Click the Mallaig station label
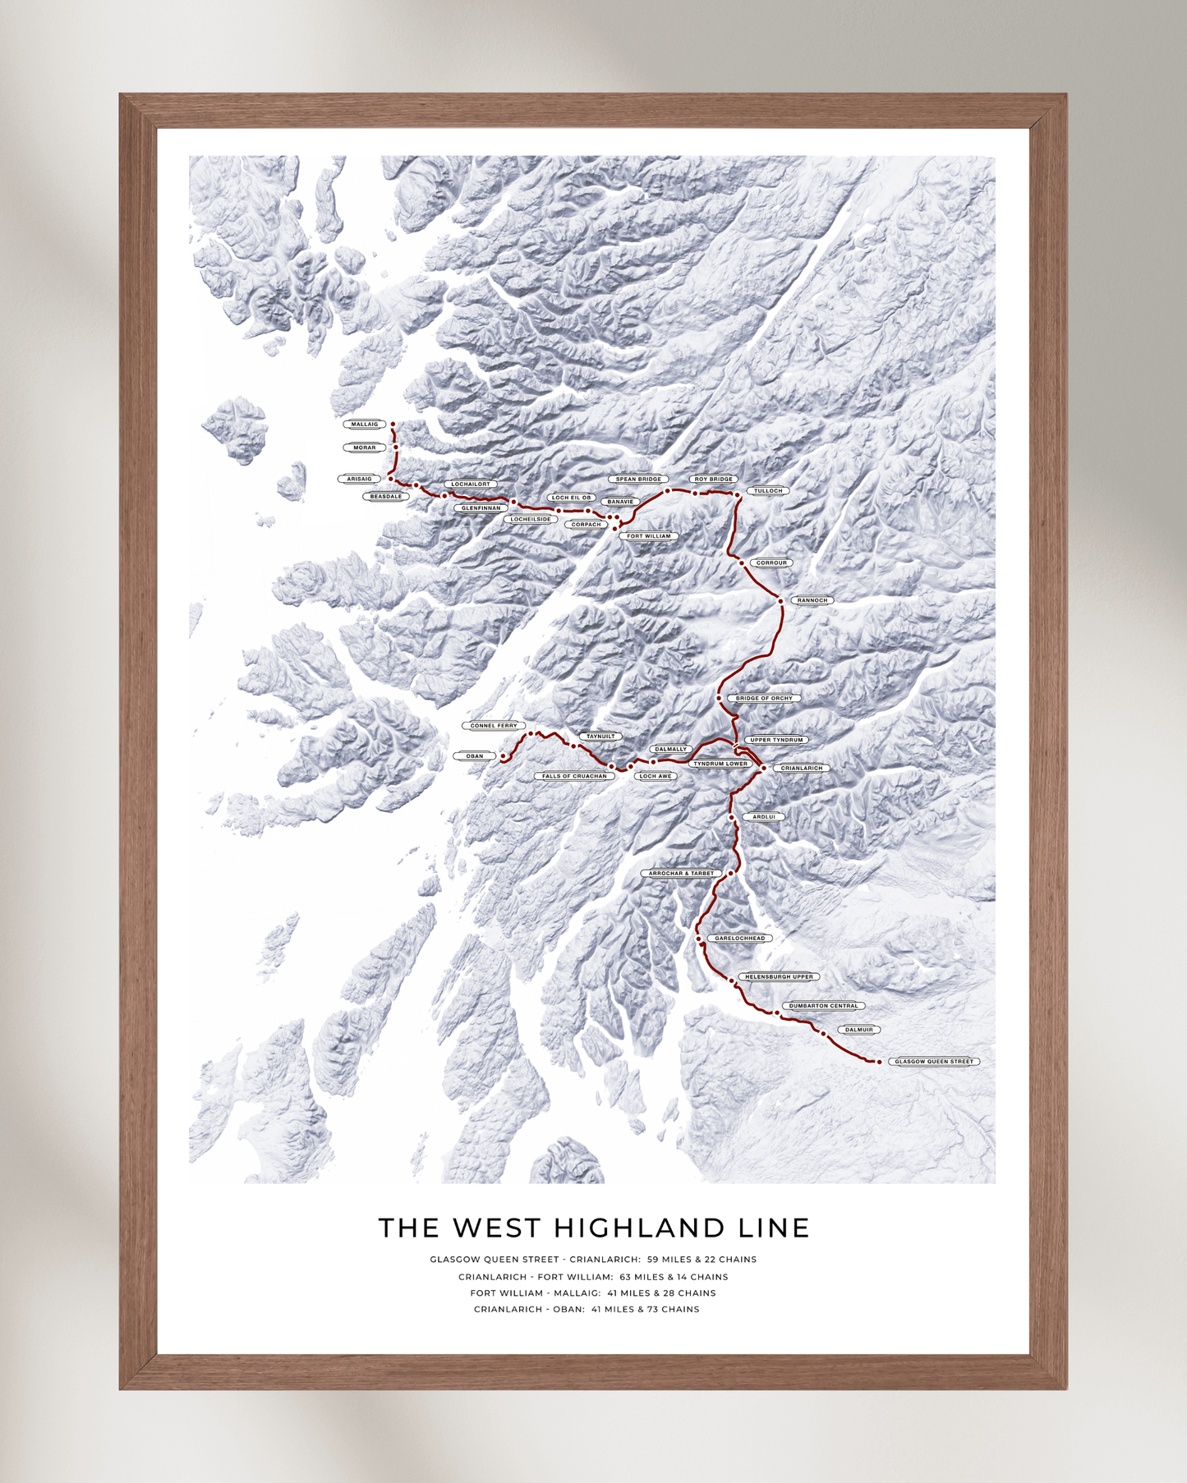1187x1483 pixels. point(364,425)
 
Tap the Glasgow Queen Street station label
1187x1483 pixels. point(934,1062)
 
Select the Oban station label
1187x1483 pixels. point(475,756)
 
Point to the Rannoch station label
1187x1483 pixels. point(812,600)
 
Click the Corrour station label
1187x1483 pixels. point(771,563)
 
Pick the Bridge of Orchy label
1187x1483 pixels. point(764,699)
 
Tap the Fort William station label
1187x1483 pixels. point(649,536)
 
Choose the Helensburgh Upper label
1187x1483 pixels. point(779,977)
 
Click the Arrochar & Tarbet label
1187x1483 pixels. point(681,874)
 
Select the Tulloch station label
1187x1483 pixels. point(768,491)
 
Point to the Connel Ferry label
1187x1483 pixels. point(494,726)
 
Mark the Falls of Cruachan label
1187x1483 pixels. point(574,776)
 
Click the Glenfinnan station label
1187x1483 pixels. point(481,508)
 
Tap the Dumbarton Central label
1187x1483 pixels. point(823,1006)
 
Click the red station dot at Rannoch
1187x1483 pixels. point(781,601)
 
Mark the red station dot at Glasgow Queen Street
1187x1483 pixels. point(879,1062)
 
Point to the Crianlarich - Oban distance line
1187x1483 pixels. point(587,1310)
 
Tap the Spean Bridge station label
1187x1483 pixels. point(638,480)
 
